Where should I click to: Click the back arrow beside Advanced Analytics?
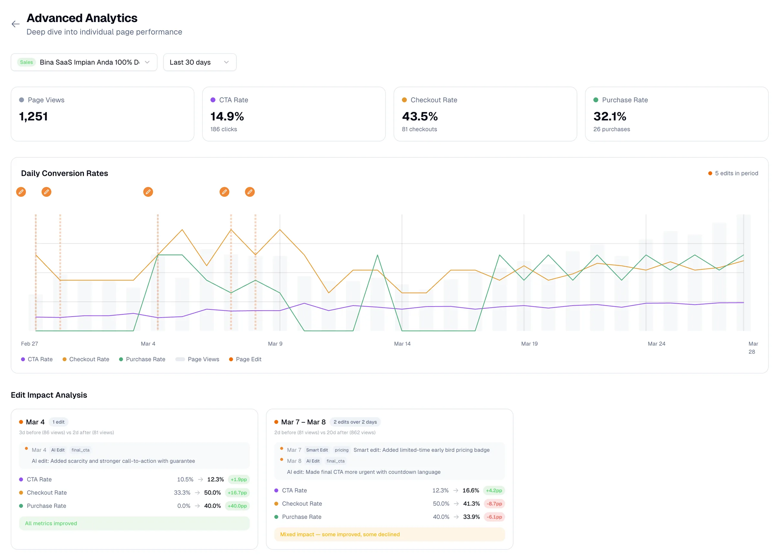pos(16,24)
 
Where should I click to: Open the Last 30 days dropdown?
pos(199,62)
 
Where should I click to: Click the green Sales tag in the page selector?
pos(26,62)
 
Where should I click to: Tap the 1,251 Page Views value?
pos(33,117)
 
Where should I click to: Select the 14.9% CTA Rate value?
pos(227,117)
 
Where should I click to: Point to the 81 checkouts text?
pos(419,129)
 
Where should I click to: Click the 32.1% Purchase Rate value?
pos(609,117)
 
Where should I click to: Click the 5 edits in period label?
pos(736,173)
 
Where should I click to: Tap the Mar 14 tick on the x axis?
pos(402,343)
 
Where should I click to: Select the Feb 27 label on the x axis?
pos(29,343)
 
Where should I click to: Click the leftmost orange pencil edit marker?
pos(21,192)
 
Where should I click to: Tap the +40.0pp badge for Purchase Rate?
pos(237,506)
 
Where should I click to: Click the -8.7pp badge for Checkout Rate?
pos(494,504)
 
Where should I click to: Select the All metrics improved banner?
pos(134,523)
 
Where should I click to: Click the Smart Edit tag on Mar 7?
pos(317,450)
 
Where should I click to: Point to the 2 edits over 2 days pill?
pos(355,422)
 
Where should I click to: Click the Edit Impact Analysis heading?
pos(49,395)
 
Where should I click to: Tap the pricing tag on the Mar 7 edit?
pos(341,450)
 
